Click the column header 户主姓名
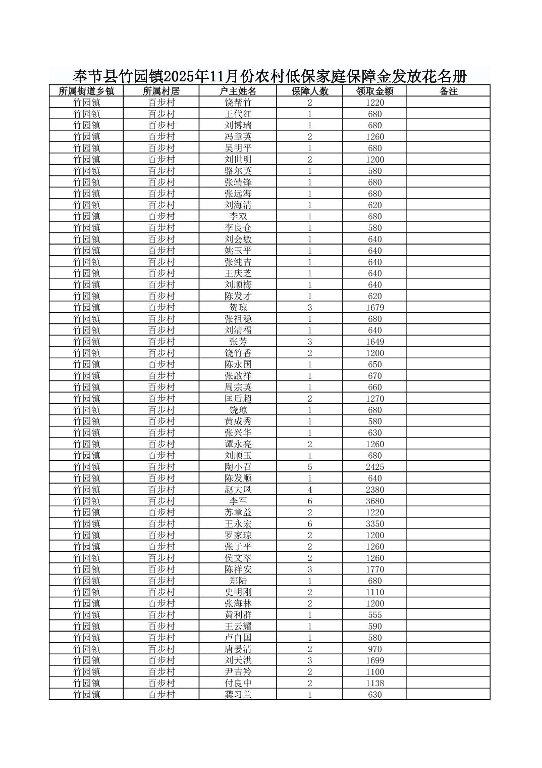[238, 91]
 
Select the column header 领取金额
[374, 91]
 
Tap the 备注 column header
[448, 91]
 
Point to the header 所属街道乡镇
[86, 91]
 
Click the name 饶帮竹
[238, 103]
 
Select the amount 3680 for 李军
[374, 501]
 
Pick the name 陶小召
[238, 467]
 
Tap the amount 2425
[374, 467]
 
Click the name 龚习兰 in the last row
[238, 695]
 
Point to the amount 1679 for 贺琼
[374, 308]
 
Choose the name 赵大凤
[238, 490]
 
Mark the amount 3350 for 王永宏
[374, 524]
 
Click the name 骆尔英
[238, 171]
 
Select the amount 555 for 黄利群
[374, 615]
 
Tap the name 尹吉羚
[238, 672]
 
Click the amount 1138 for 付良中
[374, 683]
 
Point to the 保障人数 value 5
[309, 467]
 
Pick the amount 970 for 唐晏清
[374, 649]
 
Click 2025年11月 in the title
[202, 77]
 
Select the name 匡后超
[238, 399]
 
